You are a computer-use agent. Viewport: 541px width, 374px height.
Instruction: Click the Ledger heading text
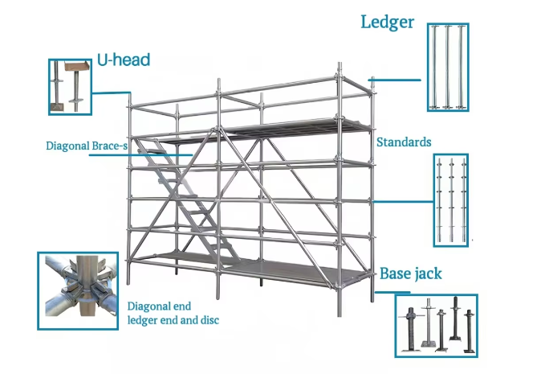click(x=387, y=22)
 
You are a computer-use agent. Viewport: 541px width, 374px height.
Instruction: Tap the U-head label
click(x=123, y=60)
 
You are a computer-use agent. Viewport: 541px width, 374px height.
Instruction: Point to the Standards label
click(x=404, y=142)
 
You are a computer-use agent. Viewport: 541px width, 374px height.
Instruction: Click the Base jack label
click(x=410, y=273)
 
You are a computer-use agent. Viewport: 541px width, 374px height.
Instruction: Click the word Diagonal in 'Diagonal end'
click(x=149, y=306)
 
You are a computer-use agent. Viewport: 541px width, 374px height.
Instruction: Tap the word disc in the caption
click(x=207, y=320)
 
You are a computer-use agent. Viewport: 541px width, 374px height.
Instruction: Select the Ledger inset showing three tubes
click(x=448, y=66)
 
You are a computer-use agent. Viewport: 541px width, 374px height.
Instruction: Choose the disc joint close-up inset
click(x=77, y=290)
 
